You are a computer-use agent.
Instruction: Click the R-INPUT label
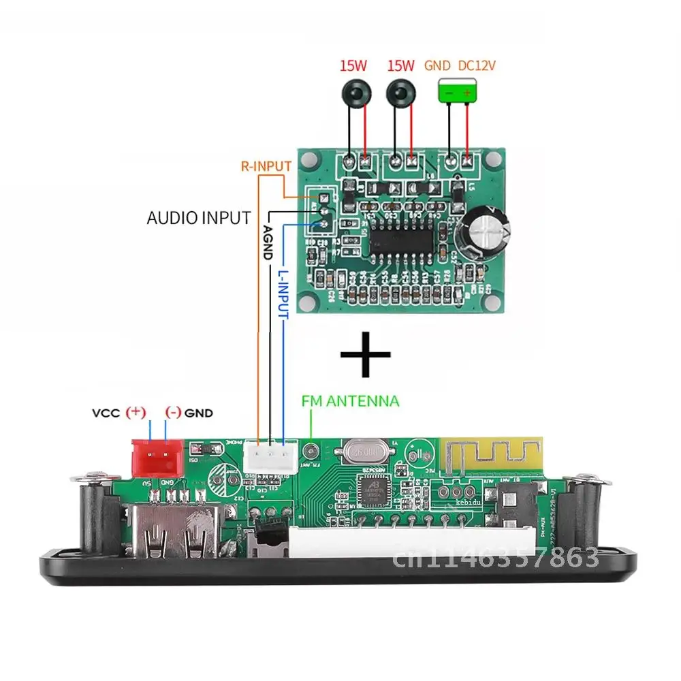pyautogui.click(x=266, y=165)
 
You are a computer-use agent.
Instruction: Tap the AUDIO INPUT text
pyautogui.click(x=199, y=219)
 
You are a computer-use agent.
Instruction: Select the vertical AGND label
pyautogui.click(x=267, y=242)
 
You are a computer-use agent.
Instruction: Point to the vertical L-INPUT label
pyautogui.click(x=283, y=294)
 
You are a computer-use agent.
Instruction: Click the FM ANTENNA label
pyautogui.click(x=351, y=401)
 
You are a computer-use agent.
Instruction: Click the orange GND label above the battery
pyautogui.click(x=438, y=65)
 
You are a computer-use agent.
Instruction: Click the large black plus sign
pyautogui.click(x=365, y=354)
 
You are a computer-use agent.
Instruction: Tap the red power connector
pyautogui.click(x=157, y=457)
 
